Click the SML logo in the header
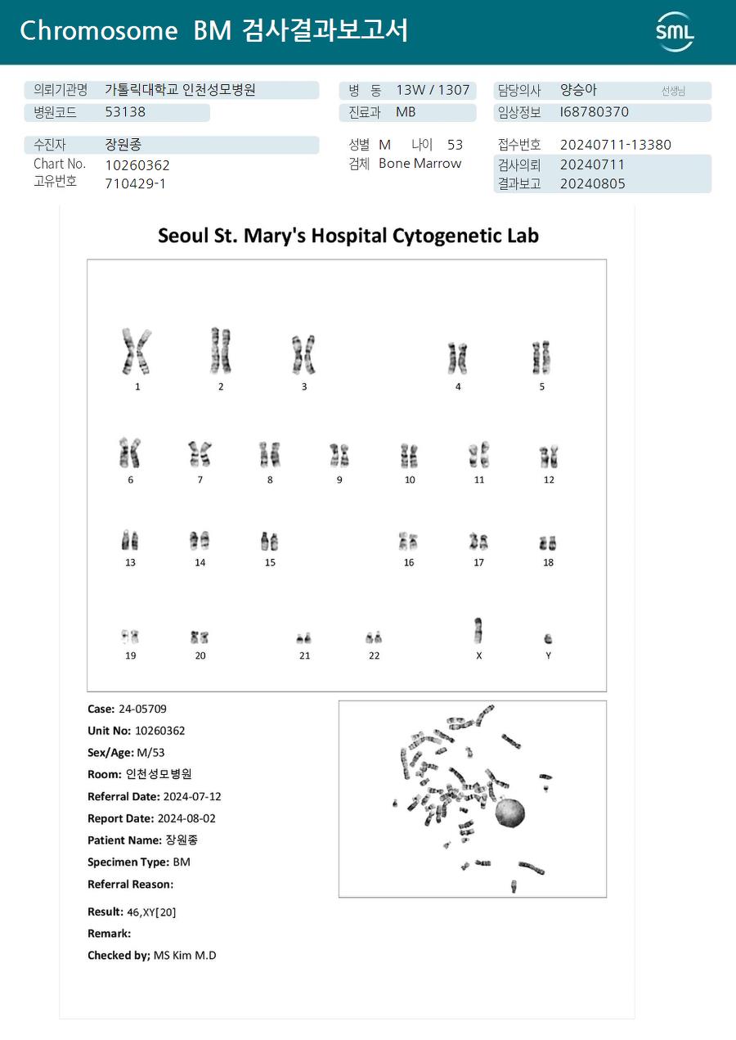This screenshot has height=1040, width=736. [675, 32]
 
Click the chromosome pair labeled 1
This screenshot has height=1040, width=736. [137, 351]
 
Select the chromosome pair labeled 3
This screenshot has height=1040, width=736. [304, 354]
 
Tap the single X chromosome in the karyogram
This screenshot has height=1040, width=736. [478, 631]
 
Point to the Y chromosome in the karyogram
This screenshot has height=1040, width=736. [548, 639]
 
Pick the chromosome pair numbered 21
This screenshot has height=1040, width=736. [304, 637]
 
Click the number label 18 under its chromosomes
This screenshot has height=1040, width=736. [548, 562]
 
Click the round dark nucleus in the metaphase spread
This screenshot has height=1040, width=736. [510, 813]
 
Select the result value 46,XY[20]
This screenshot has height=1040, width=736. [151, 912]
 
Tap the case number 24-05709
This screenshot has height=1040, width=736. [142, 709]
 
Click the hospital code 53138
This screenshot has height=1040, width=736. [125, 112]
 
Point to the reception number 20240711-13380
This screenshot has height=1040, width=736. [615, 145]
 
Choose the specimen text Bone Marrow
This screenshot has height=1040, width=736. [420, 164]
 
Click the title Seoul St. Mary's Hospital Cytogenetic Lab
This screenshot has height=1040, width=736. [348, 236]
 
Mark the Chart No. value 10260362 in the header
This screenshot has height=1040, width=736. [137, 165]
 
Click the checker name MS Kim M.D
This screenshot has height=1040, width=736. [185, 955]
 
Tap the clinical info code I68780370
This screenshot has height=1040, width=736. [595, 112]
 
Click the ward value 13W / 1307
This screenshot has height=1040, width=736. [433, 90]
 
